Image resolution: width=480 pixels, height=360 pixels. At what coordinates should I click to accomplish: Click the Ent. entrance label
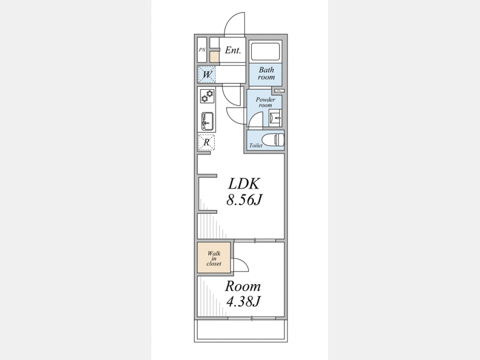click(x=233, y=50)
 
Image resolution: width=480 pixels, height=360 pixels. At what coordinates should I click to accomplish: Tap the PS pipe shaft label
click(x=202, y=50)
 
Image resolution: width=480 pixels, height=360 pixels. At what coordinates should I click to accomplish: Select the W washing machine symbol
click(x=207, y=74)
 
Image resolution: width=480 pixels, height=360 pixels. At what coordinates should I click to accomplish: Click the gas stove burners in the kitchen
click(x=207, y=96)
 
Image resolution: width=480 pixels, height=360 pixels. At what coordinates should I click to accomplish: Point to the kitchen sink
click(x=207, y=121)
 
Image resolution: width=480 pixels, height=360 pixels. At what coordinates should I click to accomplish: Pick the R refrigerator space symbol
click(x=206, y=142)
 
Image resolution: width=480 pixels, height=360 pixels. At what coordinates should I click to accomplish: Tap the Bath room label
click(x=266, y=74)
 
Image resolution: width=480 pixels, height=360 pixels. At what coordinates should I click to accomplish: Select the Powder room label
click(x=266, y=102)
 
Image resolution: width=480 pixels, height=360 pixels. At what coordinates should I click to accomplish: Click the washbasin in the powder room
click(x=275, y=118)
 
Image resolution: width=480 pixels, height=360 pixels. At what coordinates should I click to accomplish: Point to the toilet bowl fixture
click(x=276, y=140)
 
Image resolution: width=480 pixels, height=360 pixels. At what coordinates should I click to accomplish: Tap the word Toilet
click(x=255, y=146)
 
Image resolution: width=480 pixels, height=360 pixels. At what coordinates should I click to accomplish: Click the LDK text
click(x=244, y=183)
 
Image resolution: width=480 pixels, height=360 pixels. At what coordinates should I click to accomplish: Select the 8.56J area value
click(x=244, y=200)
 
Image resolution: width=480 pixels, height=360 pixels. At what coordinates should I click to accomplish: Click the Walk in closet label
click(x=214, y=258)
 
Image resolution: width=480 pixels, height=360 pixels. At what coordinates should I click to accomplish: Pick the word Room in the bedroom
click(x=243, y=286)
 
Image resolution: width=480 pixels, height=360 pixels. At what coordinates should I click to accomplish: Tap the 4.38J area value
click(x=243, y=301)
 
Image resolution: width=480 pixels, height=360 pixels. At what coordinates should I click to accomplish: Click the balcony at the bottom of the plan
click(x=241, y=331)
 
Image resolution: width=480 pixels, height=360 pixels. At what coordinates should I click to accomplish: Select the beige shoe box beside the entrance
click(x=214, y=57)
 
